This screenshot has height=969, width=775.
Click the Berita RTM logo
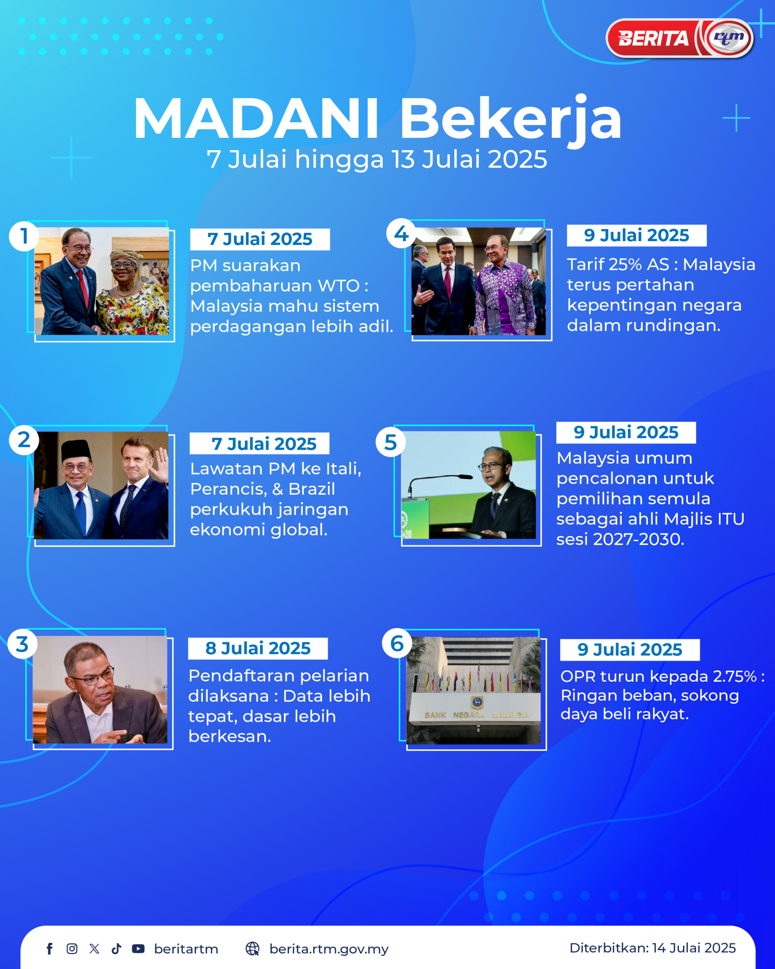(680, 38)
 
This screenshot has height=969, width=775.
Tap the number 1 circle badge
(24, 236)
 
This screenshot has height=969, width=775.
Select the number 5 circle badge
(391, 442)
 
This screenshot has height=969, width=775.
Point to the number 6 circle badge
(397, 643)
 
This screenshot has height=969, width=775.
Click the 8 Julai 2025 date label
(258, 648)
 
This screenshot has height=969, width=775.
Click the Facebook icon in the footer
(50, 949)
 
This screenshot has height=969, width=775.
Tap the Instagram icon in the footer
(72, 949)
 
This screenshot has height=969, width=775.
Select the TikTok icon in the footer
(116, 949)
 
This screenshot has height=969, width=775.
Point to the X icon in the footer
(94, 949)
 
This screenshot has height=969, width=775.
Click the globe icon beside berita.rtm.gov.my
(252, 949)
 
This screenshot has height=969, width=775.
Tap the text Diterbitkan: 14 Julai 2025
(652, 948)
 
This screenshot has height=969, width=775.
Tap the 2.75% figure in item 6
(735, 676)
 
